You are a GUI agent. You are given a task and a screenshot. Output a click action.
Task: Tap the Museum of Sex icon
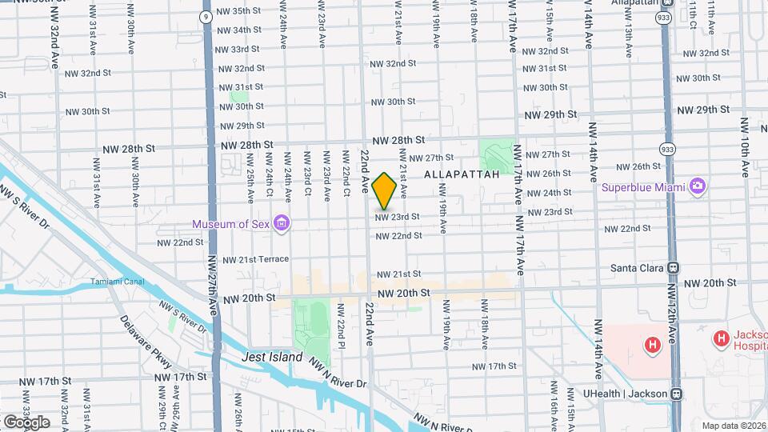tap(281, 222)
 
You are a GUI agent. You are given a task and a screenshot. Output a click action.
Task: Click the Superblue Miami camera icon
tap(698, 186)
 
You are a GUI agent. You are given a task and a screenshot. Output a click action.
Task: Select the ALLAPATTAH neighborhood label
tap(462, 174)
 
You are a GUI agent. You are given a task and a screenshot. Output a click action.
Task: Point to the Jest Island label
tap(273, 358)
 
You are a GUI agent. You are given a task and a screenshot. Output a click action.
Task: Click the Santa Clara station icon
tap(674, 268)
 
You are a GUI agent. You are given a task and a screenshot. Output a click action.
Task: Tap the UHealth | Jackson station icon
tap(677, 394)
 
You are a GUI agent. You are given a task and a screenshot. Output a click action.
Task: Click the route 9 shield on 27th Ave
tap(206, 15)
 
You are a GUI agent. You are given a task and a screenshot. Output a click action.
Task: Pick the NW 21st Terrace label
tap(255, 260)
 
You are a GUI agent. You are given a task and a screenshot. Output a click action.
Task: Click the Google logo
tap(26, 422)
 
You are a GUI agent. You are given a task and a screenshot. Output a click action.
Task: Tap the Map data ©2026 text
tap(733, 426)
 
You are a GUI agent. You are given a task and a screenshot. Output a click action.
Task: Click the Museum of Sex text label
tap(230, 223)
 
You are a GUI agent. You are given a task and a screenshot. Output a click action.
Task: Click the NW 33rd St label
tap(234, 49)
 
